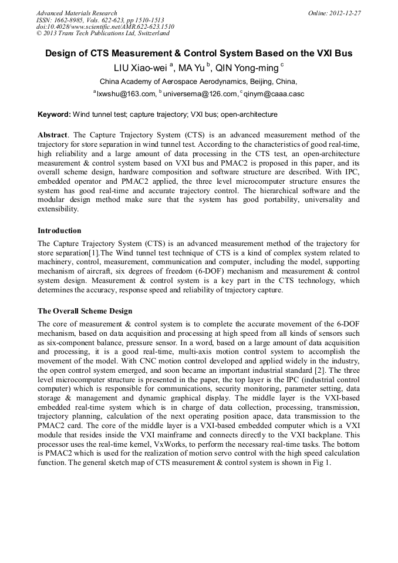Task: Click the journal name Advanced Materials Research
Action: coord(76,13)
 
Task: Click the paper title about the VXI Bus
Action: coord(199,53)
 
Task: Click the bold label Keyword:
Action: coord(54,114)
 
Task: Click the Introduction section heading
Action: coord(59,230)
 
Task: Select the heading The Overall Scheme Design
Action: coord(85,311)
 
